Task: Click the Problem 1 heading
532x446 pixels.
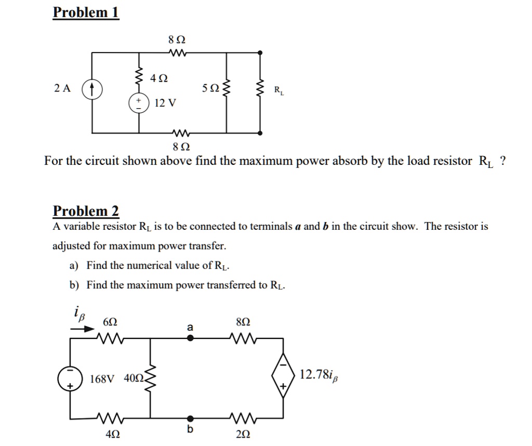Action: pyautogui.click(x=86, y=12)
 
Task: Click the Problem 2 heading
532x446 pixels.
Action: pyautogui.click(x=86, y=211)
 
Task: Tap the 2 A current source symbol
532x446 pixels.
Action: pyautogui.click(x=92, y=90)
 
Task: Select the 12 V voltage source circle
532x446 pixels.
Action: pyautogui.click(x=139, y=102)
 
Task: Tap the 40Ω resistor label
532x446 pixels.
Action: pyautogui.click(x=134, y=378)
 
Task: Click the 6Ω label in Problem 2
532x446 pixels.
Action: pyautogui.click(x=110, y=322)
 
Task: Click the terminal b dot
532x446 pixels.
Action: pyautogui.click(x=190, y=418)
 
